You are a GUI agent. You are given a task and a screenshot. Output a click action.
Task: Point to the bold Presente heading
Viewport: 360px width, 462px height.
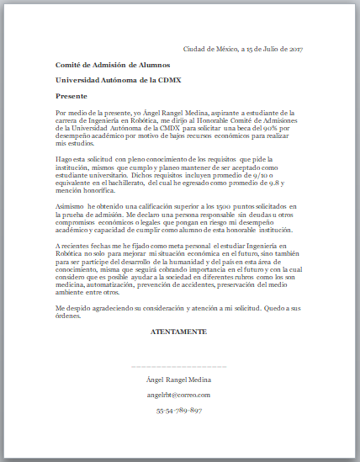pos(71,96)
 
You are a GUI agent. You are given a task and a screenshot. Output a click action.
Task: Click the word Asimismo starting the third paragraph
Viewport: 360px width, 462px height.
pos(70,206)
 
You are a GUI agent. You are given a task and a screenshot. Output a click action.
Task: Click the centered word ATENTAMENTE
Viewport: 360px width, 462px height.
pos(178,333)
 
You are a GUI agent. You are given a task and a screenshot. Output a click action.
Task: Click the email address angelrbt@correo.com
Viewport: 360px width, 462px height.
pos(178,395)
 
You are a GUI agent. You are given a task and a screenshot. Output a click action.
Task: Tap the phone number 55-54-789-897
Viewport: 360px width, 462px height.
pos(178,410)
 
